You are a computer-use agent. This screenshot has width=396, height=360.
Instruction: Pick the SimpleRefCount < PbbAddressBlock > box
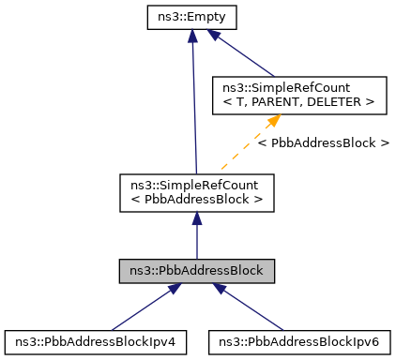[196, 190]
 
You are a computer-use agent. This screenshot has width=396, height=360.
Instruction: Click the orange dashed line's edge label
[323, 142]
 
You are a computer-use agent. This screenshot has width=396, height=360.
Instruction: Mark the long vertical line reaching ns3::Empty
[193, 103]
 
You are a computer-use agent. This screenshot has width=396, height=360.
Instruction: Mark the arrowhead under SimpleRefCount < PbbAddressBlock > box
[196, 217]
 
